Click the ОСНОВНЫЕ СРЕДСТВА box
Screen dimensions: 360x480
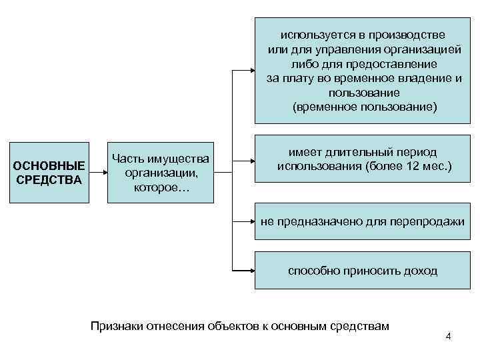[x=49, y=172]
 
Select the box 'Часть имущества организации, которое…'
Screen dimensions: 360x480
[x=161, y=172]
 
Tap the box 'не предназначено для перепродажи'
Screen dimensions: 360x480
[x=363, y=221]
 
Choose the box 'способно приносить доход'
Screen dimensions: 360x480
[x=363, y=270]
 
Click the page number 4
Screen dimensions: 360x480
[x=448, y=336]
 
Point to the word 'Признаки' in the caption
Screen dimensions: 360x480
[x=115, y=326]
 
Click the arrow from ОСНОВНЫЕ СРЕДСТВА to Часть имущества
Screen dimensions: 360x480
[x=97, y=172]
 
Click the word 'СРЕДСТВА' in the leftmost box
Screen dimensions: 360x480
[x=49, y=180]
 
